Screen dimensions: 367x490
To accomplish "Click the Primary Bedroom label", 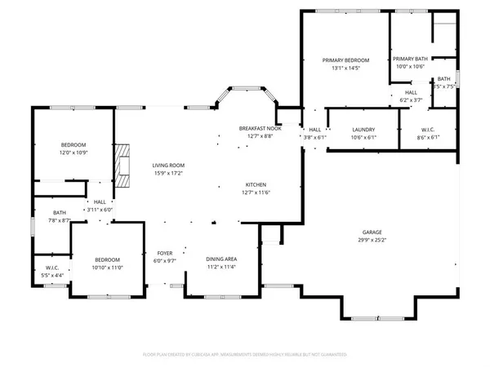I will pyautogui.click(x=345, y=60).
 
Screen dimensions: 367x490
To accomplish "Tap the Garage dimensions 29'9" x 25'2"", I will pyautogui.click(x=371, y=241).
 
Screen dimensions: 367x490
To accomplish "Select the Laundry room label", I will pyautogui.click(x=363, y=130).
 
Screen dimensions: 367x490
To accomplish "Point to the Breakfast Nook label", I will pyautogui.click(x=260, y=129).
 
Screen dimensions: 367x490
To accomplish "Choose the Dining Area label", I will pyautogui.click(x=221, y=259).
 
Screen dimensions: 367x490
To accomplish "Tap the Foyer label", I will pyautogui.click(x=164, y=254).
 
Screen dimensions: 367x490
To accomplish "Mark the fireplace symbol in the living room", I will pyautogui.click(x=122, y=166).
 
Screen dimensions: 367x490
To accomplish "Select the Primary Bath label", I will pyautogui.click(x=409, y=60).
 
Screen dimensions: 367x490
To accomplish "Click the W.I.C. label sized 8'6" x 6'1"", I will pyautogui.click(x=426, y=130).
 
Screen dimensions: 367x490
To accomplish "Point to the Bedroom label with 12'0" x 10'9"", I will pyautogui.click(x=73, y=145).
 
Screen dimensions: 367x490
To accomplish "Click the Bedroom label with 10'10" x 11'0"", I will pyautogui.click(x=105, y=259).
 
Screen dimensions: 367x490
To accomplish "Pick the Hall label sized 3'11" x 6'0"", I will pyautogui.click(x=100, y=201).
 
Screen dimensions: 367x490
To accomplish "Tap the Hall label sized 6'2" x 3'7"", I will pyautogui.click(x=412, y=93).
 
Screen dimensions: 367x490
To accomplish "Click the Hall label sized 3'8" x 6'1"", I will pyautogui.click(x=314, y=130).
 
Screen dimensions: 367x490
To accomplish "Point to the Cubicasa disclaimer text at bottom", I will pyautogui.click(x=245, y=355).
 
